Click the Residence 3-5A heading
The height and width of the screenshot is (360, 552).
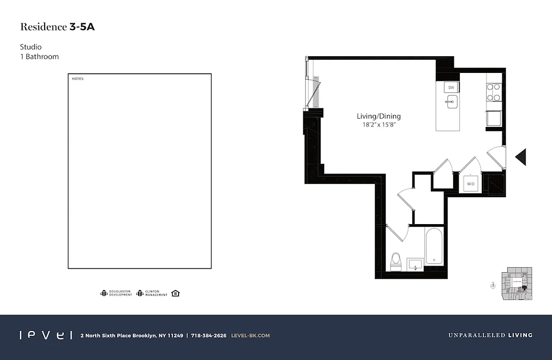(57, 27)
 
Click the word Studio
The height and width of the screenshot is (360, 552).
(31, 47)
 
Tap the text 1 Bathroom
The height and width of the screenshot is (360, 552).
(39, 57)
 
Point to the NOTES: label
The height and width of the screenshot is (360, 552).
(78, 79)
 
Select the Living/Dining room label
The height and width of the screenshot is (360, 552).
(378, 116)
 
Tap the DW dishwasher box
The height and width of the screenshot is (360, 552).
(451, 88)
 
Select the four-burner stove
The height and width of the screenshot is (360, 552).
(494, 92)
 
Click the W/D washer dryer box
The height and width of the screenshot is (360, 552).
(471, 184)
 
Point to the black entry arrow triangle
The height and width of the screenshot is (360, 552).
(521, 157)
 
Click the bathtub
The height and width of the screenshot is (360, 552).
(434, 247)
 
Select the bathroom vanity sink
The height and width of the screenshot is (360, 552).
(415, 265)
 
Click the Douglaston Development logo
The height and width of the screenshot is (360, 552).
(116, 293)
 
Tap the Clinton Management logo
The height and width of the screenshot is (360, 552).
(152, 293)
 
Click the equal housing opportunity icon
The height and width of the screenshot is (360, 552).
(175, 293)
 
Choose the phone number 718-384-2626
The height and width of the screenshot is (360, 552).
(208, 335)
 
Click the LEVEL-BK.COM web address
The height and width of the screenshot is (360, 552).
(250, 335)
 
